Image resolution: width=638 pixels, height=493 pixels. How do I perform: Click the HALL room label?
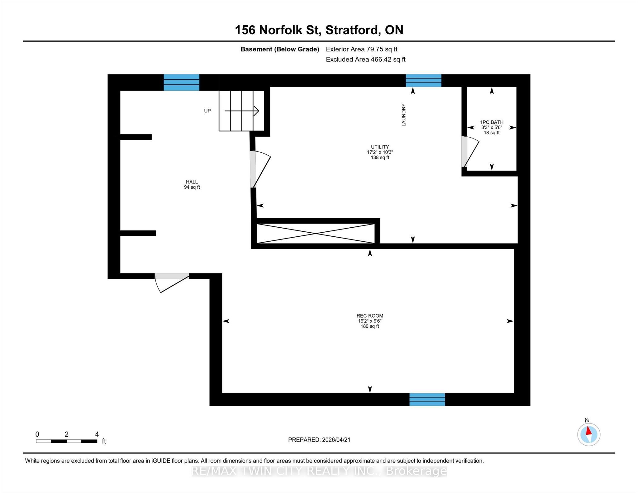192,182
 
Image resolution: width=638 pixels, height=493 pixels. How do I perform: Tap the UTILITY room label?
380,147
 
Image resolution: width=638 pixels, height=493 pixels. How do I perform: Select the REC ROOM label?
370,316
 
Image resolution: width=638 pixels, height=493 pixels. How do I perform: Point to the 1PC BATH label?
492,122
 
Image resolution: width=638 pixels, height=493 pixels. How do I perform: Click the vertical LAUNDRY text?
404,115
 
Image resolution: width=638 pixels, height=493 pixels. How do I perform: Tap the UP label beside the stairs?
207,111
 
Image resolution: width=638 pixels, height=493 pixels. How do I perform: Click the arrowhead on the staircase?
256,111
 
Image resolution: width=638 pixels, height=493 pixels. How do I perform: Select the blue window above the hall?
182,83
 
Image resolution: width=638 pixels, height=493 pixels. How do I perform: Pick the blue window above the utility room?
423,81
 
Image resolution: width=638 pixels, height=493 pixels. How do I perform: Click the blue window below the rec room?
427,400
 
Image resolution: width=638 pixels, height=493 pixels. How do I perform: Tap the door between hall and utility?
260,169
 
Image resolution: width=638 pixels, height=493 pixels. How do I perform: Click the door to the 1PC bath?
470,152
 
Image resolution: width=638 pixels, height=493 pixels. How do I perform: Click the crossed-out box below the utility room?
316,233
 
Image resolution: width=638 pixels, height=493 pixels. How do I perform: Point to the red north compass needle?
588,431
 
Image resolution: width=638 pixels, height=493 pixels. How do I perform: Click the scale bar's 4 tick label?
97,434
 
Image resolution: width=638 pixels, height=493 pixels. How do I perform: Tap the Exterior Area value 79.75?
377,49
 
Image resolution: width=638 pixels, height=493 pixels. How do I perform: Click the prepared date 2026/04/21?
336,440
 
